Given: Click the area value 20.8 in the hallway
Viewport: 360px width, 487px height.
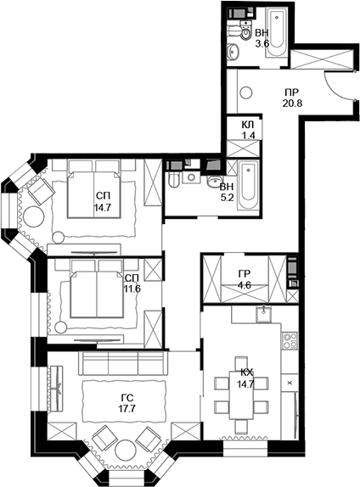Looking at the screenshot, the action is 292,103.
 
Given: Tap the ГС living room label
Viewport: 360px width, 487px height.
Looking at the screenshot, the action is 127,398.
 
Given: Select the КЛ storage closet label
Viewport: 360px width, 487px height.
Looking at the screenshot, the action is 248,125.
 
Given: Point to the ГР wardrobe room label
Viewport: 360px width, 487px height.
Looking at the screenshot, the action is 245,274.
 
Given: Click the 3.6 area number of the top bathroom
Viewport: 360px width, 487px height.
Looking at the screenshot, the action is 262,43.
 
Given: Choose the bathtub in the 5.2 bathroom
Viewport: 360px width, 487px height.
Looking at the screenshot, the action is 248,185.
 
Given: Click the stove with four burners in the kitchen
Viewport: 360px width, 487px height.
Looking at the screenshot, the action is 290,340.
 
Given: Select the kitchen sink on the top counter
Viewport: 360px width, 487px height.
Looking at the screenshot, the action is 264,314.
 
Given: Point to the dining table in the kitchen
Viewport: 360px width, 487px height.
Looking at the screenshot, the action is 241,395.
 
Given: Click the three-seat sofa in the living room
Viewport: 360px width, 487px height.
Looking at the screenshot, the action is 123,364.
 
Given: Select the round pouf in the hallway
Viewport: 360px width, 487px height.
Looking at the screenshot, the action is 246,92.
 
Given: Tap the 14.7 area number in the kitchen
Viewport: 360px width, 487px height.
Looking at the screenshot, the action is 245,384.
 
